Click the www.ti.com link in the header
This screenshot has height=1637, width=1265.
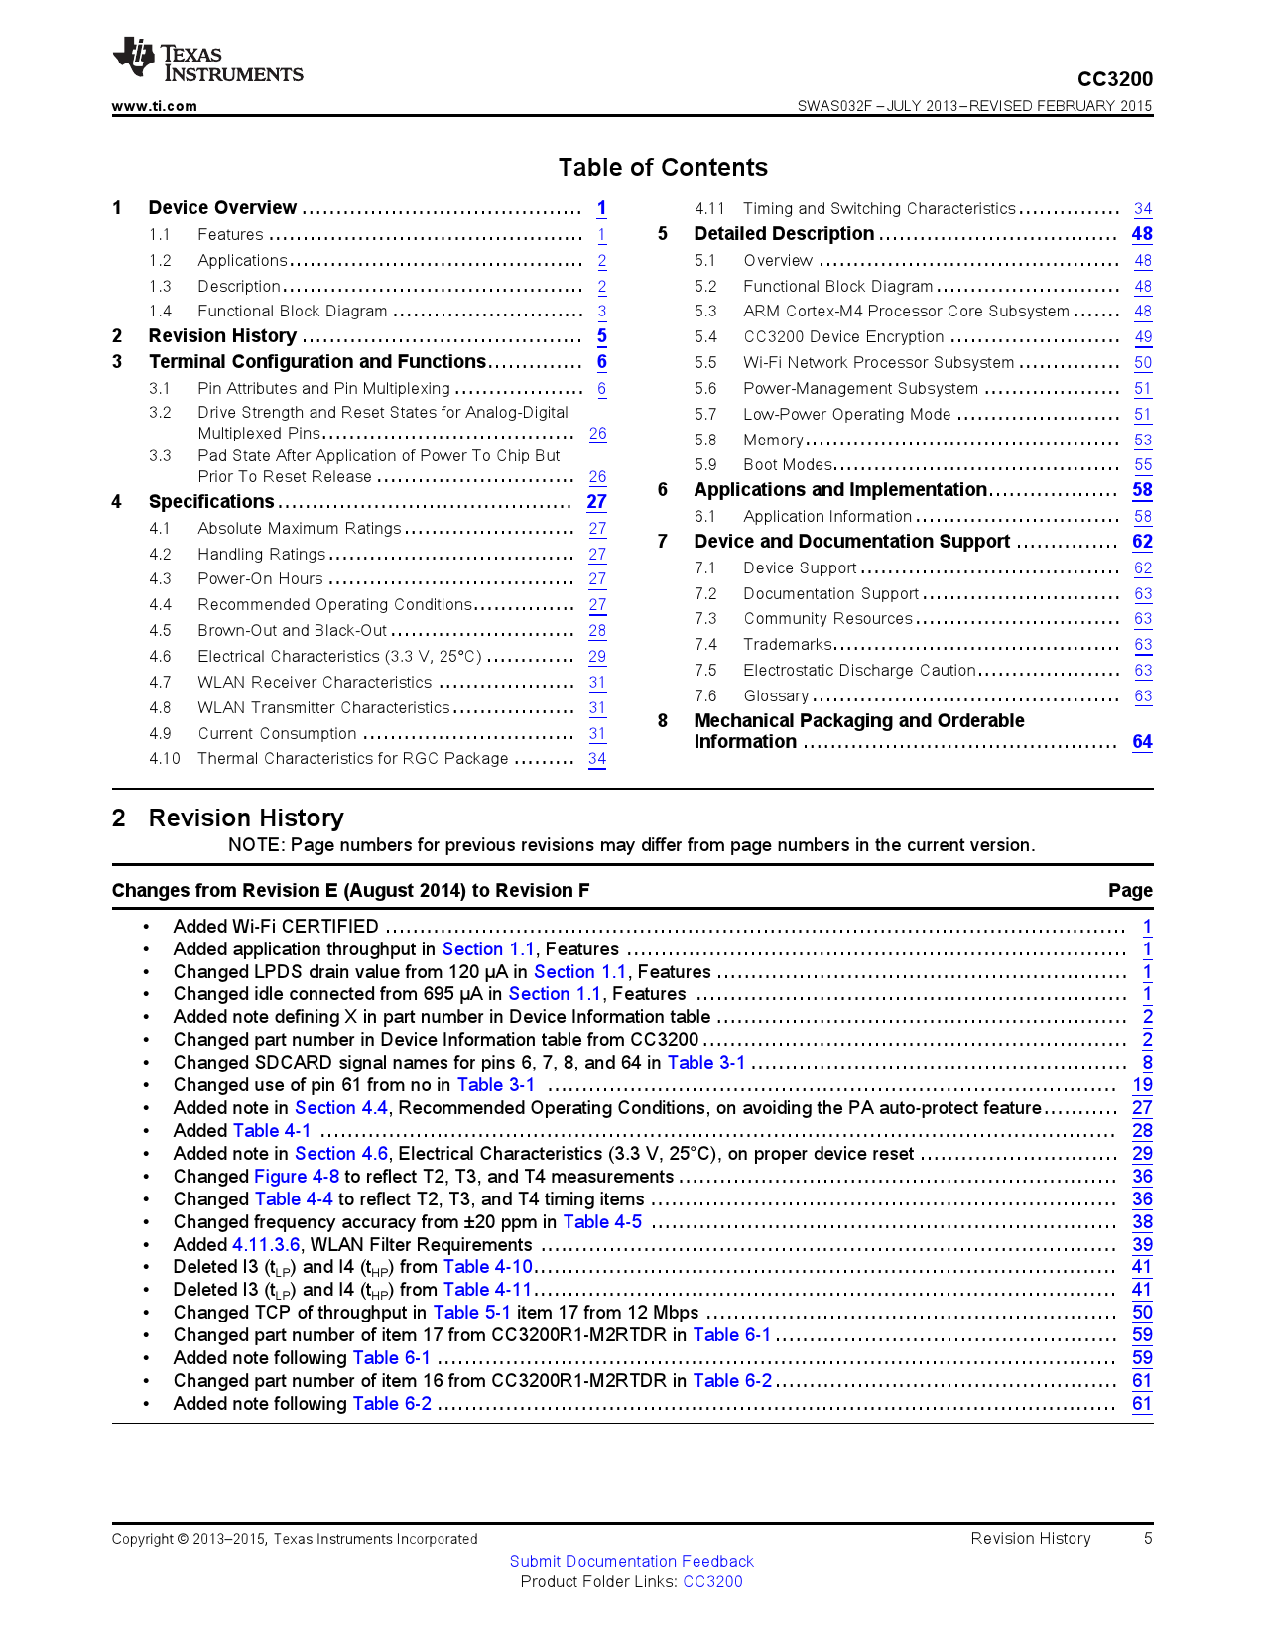tap(154, 106)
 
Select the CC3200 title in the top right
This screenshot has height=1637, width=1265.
tap(1115, 79)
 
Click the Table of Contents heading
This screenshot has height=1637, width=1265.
tap(663, 168)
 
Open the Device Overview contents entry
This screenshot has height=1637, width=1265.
tap(222, 208)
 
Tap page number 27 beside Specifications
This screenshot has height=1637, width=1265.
tap(596, 502)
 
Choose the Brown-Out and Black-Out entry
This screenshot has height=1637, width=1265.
tap(292, 631)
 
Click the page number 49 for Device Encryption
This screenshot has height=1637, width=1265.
tap(1143, 337)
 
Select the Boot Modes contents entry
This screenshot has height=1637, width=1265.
tap(788, 465)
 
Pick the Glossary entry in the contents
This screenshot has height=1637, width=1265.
tap(776, 696)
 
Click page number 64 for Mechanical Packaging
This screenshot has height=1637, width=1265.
tap(1142, 742)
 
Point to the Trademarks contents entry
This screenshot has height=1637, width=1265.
tap(788, 645)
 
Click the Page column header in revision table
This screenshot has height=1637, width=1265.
tap(1130, 891)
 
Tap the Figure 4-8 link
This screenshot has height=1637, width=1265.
tap(297, 1177)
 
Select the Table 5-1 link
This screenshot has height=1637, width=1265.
tap(471, 1313)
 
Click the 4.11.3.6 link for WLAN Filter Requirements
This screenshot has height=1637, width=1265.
tap(266, 1245)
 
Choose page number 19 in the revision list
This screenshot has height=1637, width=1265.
tap(1142, 1085)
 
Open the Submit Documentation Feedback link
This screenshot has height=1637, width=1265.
tap(631, 1562)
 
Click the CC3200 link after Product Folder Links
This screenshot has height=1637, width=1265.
tap(712, 1582)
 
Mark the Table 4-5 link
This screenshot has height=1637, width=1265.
tap(602, 1222)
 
